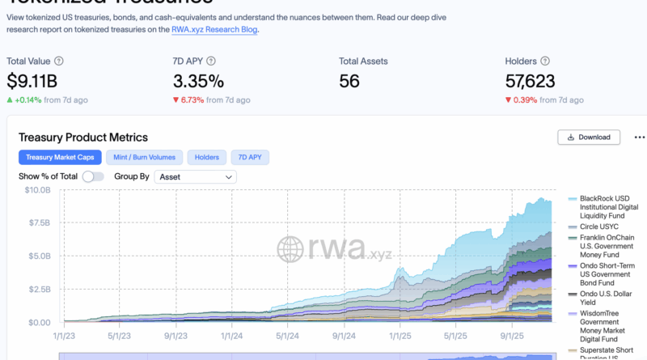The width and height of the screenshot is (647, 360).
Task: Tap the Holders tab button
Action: [x=208, y=157]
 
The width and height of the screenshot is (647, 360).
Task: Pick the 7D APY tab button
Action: [x=251, y=157]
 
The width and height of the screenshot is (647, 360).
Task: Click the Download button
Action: [x=589, y=137]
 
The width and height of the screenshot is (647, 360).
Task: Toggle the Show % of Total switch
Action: [x=93, y=176]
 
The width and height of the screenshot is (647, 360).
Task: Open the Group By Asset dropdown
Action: [x=196, y=176]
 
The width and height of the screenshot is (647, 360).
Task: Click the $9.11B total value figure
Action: [x=33, y=81]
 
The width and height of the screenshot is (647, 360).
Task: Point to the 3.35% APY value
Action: [x=200, y=81]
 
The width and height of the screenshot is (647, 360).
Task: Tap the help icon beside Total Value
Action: [x=59, y=61]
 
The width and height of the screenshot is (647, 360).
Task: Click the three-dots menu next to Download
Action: [x=640, y=137]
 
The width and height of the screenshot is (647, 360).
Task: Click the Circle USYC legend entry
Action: [x=600, y=227]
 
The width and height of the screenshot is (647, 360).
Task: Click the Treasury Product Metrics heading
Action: [x=83, y=138]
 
